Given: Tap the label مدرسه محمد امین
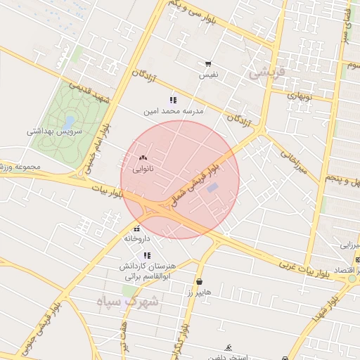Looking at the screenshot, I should [174, 111].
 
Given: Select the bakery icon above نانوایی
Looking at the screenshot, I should [143, 158].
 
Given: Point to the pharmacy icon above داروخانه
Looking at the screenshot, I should [136, 229].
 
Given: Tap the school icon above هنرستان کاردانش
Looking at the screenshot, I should [146, 256].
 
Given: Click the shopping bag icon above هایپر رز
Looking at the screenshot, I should [200, 282].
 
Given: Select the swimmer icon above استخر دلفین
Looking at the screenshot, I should [228, 347].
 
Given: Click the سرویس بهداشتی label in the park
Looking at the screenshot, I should [55, 131].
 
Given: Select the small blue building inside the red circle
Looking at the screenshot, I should [213, 188].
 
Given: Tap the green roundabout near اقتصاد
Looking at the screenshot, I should [352, 279].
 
